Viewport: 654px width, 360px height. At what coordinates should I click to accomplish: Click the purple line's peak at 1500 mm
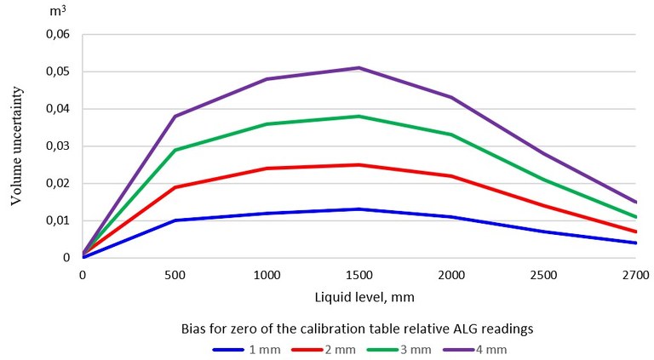[x=359, y=68]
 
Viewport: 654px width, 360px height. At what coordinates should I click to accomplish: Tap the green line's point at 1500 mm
[x=359, y=116]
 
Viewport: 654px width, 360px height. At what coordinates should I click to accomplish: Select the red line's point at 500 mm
[x=175, y=187]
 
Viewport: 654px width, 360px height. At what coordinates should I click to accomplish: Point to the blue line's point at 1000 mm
[x=267, y=213]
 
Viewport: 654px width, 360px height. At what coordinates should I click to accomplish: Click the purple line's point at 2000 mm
[x=450, y=97]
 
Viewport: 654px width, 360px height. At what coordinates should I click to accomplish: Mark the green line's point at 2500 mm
[x=542, y=180]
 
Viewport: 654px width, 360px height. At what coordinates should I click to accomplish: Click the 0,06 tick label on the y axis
[x=56, y=35]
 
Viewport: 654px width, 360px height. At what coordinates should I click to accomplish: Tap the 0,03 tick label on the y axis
[x=56, y=146]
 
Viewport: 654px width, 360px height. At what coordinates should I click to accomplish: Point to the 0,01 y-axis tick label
[x=56, y=220]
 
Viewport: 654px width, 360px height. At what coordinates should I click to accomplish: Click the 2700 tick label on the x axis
[x=635, y=275]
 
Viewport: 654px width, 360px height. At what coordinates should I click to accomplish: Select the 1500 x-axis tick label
[x=359, y=275]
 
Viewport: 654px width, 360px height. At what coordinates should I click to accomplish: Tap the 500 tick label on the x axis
[x=175, y=275]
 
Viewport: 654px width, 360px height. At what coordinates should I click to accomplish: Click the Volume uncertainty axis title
[x=16, y=146]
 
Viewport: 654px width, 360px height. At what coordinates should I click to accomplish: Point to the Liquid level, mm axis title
[x=359, y=299]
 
